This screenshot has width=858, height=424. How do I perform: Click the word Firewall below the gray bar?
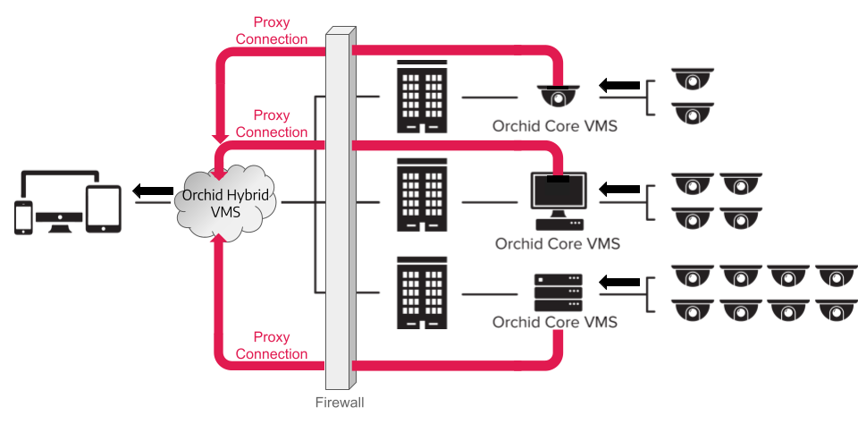pyautogui.click(x=340, y=403)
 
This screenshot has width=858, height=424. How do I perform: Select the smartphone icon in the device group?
pyautogui.click(x=24, y=217)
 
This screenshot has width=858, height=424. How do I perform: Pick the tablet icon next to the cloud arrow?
pyautogui.click(x=103, y=209)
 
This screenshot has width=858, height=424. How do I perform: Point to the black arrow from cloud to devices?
pyautogui.click(x=153, y=191)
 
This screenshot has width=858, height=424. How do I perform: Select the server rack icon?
pyautogui.click(x=558, y=293)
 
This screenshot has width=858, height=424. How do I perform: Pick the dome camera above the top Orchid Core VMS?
pyautogui.click(x=559, y=95)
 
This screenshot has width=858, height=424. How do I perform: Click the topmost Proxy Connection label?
pyautogui.click(x=272, y=31)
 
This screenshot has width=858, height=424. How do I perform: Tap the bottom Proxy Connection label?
pyautogui.click(x=272, y=345)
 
